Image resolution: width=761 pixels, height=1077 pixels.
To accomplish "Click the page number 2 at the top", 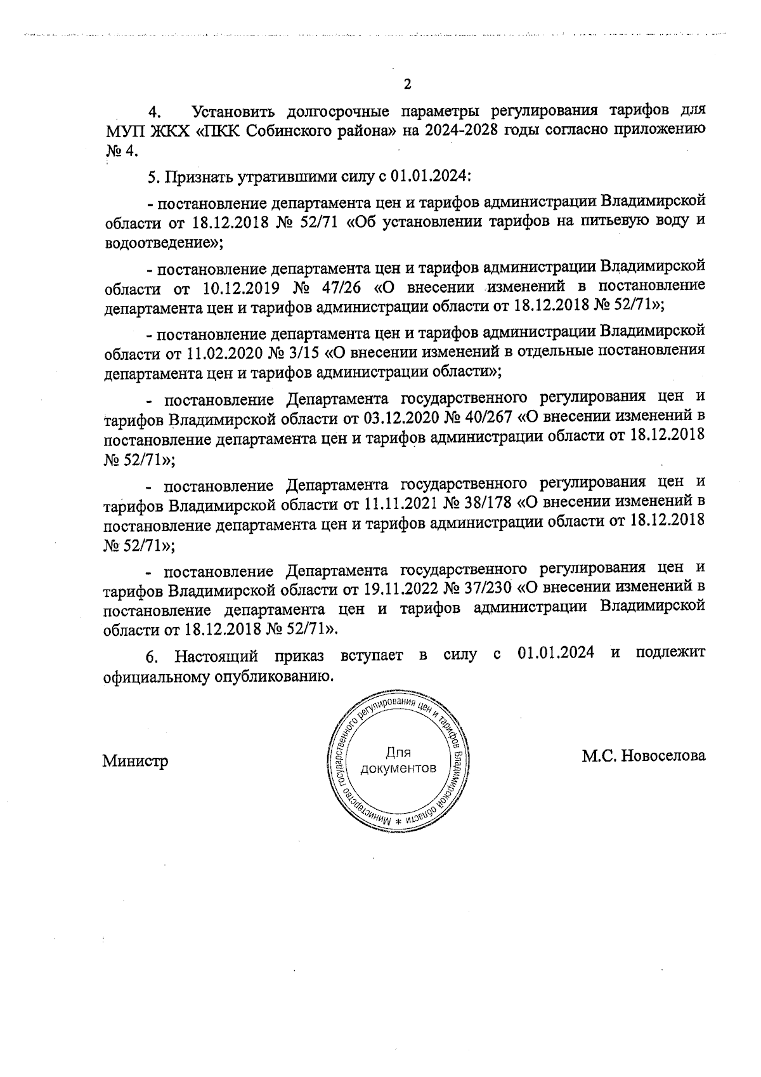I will pos(407,84).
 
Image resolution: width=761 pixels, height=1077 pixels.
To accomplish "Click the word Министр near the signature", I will pos(135,761).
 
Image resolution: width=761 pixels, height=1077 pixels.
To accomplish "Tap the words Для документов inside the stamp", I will pos(398,761).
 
